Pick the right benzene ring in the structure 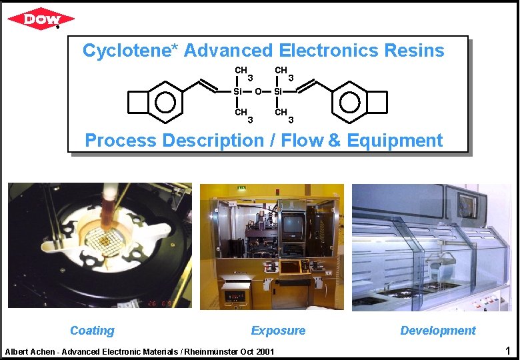click(349, 102)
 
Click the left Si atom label click(239, 91)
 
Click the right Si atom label click(279, 91)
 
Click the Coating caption click(92, 331)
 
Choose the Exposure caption click(278, 331)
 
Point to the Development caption click(438, 331)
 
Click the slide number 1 click(507, 351)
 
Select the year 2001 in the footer click(265, 351)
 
